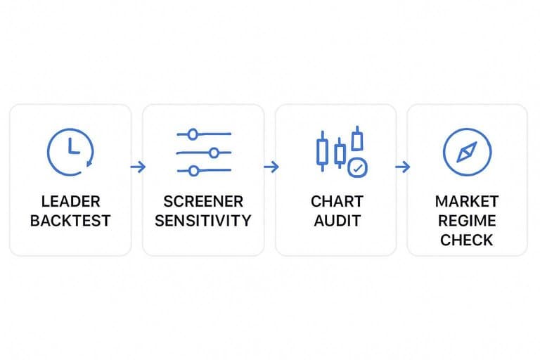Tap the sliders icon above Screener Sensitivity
click(x=204, y=153)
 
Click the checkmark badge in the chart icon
click(x=357, y=168)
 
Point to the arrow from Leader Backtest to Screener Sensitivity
click(x=138, y=167)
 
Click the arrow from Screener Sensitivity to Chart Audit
click(x=271, y=167)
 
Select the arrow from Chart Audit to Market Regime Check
click(x=403, y=167)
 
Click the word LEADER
click(x=70, y=202)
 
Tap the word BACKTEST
click(x=70, y=221)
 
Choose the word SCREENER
click(x=203, y=202)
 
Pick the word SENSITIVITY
click(x=203, y=221)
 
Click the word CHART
click(x=337, y=202)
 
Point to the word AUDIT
click(x=337, y=221)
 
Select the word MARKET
click(x=467, y=202)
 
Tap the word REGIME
click(x=467, y=221)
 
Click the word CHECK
click(x=467, y=240)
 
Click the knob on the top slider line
click(x=193, y=134)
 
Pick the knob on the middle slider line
click(x=214, y=153)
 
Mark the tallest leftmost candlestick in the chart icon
click(x=322, y=151)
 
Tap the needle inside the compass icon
click(x=467, y=152)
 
